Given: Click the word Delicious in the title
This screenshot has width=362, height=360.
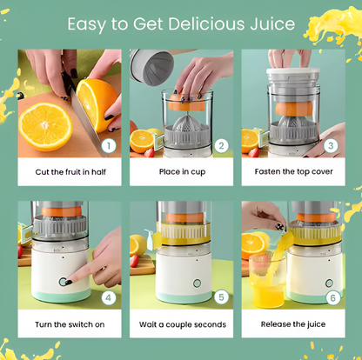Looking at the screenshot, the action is (x=206, y=23).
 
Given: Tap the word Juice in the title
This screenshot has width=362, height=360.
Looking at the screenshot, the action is (x=272, y=24).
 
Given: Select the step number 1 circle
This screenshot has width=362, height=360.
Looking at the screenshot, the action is (x=109, y=146).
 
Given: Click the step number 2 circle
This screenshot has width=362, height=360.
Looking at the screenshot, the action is (x=221, y=146).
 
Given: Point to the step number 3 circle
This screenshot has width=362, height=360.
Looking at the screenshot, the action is (x=331, y=146).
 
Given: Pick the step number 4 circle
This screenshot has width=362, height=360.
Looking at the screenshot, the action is (x=109, y=297).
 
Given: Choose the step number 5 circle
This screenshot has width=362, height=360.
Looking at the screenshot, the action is (x=221, y=297).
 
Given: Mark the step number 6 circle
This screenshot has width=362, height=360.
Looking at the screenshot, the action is (x=332, y=297).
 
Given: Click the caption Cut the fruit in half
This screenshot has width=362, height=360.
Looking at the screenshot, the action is (x=70, y=172).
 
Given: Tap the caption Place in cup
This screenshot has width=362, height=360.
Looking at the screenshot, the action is (x=182, y=172).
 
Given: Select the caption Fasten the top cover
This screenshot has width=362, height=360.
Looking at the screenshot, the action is (x=293, y=171).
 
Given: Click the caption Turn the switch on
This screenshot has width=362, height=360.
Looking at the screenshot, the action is (x=70, y=324).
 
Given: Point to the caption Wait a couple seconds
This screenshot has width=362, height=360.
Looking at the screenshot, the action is (x=183, y=324).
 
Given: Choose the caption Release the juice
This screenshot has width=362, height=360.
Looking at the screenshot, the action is (x=293, y=324).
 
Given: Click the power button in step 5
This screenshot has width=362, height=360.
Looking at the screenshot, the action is (x=197, y=283).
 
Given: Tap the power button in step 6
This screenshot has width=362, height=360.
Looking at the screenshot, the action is (x=329, y=283).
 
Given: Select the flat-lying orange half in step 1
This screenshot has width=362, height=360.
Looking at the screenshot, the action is (x=45, y=127).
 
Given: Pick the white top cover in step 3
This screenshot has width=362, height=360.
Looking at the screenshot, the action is (x=293, y=72).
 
